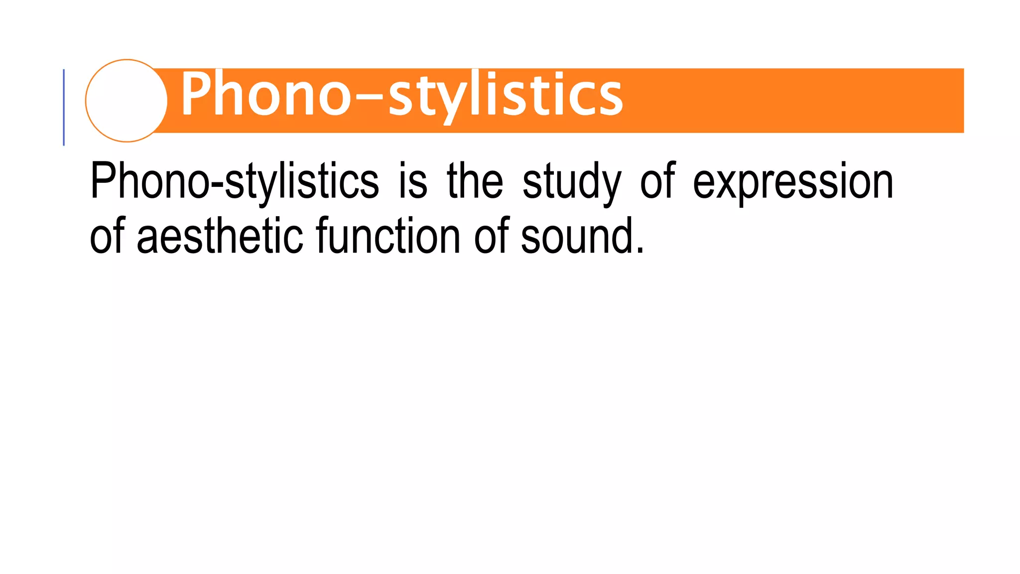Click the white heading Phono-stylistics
[401, 95]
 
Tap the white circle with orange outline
[127, 101]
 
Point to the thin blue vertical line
[64, 107]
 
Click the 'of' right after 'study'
[657, 180]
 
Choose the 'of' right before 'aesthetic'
[107, 235]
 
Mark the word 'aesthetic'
[220, 235]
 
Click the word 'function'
[388, 235]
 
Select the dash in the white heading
[369, 95]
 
